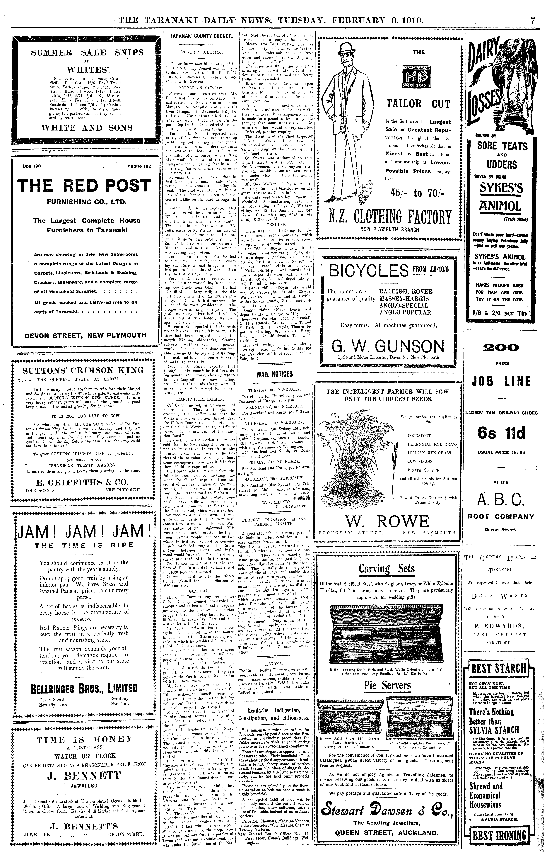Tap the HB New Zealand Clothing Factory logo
pos(416,76)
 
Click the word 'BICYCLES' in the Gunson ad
pos(369,271)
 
